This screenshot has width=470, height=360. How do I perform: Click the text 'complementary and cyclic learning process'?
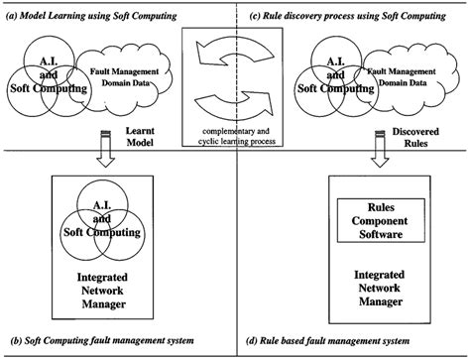(x=235, y=136)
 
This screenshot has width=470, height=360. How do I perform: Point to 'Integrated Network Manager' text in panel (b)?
(x=103, y=293)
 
